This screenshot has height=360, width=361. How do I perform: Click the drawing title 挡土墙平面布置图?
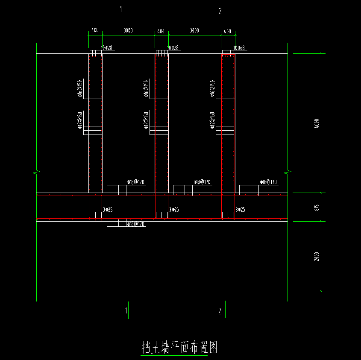click(x=179, y=348)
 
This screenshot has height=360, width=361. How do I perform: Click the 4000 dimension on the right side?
click(x=316, y=123)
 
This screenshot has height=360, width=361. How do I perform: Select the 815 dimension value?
click(x=316, y=208)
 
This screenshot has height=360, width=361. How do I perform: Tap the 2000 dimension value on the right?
click(x=316, y=256)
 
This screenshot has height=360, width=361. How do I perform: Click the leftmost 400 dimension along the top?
click(x=95, y=31)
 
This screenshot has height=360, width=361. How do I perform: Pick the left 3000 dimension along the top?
click(x=128, y=31)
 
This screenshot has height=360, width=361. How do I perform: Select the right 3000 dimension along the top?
click(x=194, y=31)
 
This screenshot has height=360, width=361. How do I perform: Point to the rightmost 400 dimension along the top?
click(x=227, y=31)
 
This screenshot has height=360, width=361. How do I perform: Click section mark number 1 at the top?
click(x=121, y=9)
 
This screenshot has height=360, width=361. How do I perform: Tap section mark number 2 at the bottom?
click(x=220, y=311)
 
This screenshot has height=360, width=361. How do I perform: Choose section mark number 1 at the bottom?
click(x=126, y=311)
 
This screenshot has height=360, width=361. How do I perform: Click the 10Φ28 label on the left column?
click(x=107, y=48)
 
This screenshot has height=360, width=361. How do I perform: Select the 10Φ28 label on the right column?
click(x=239, y=48)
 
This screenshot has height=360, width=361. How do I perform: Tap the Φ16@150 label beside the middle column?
click(x=146, y=88)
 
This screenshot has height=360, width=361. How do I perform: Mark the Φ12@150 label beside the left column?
click(x=80, y=120)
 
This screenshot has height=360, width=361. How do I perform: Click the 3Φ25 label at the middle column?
click(x=174, y=210)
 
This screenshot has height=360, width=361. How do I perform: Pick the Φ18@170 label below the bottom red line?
click(x=136, y=224)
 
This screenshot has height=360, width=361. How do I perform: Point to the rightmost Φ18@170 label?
click(x=268, y=182)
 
